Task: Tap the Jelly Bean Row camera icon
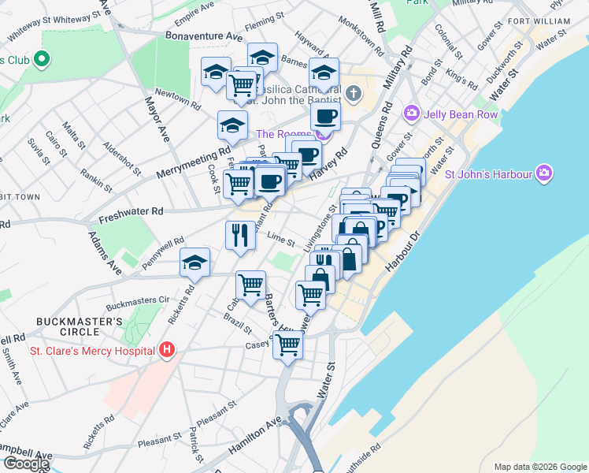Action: (x=411, y=114)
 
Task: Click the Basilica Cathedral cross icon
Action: (x=354, y=94)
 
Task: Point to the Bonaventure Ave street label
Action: (x=204, y=36)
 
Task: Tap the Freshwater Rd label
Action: (x=130, y=211)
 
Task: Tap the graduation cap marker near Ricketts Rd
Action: (x=195, y=264)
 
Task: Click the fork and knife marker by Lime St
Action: (x=240, y=235)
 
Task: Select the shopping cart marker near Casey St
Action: (x=288, y=344)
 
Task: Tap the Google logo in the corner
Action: (x=25, y=464)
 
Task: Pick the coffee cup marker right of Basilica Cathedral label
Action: (x=324, y=117)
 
